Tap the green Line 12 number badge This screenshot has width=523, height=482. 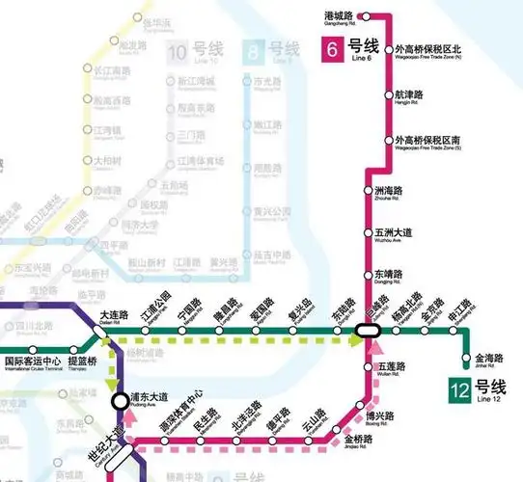coord(459,390)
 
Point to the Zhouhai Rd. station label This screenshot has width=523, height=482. coord(392,194)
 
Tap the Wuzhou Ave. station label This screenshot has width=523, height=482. coord(393,235)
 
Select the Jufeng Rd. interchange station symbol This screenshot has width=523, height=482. coord(367,331)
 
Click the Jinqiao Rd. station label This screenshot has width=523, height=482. coord(357,441)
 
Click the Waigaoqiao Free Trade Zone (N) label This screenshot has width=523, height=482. coord(429,53)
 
